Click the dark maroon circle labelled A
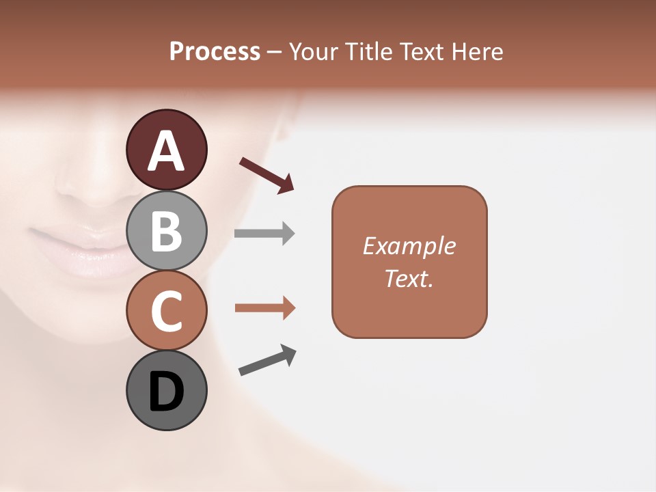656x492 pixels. pyautogui.click(x=166, y=150)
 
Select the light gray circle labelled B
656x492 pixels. pyautogui.click(x=166, y=231)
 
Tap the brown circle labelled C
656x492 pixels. pyautogui.click(x=166, y=311)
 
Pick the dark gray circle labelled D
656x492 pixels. pyautogui.click(x=166, y=391)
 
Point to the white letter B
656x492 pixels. pyautogui.click(x=166, y=231)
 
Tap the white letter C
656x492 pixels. pyautogui.click(x=166, y=312)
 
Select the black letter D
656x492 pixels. pyautogui.click(x=166, y=392)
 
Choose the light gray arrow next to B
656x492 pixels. pyautogui.click(x=264, y=233)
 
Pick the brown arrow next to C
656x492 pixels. pyautogui.click(x=264, y=308)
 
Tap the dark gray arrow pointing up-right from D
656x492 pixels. pyautogui.click(x=267, y=360)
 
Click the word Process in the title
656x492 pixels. pyautogui.click(x=215, y=51)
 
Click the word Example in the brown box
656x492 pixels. pyautogui.click(x=409, y=246)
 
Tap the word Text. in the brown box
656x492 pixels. pyautogui.click(x=409, y=278)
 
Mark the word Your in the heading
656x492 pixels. pyautogui.click(x=314, y=51)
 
